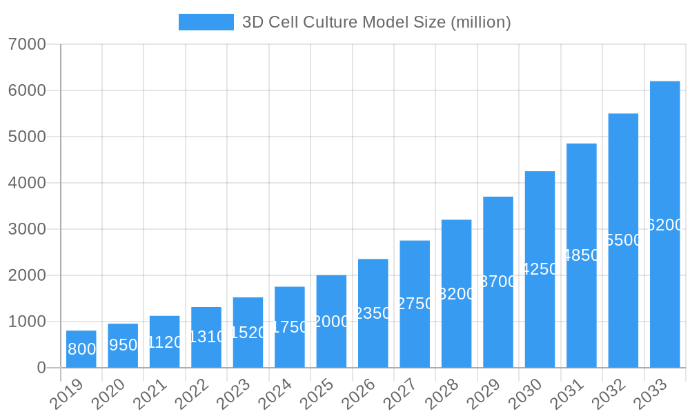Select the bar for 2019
coord(81,349)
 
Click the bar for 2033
coord(664,224)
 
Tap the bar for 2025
coord(331,322)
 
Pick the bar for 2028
coord(456,293)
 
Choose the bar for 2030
coord(540,269)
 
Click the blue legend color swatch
coord(206,22)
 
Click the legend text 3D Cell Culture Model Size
coord(376,22)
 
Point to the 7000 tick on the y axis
coord(27,44)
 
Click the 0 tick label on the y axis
coord(41,368)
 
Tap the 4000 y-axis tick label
coord(27,183)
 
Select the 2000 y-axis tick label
coord(27,275)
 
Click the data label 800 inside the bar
coord(81,349)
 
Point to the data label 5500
coord(623,240)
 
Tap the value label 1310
coord(206,337)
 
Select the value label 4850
coord(582,255)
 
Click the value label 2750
coord(415,304)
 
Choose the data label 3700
coord(498,282)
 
